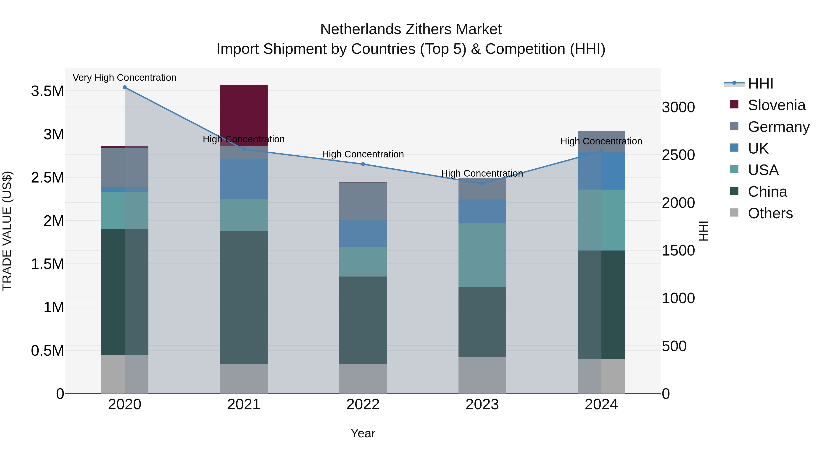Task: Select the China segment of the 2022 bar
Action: pos(363,320)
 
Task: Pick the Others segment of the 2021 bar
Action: pos(244,378)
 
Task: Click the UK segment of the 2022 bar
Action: pos(363,233)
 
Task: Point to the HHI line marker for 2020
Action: pos(125,87)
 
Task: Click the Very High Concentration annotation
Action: pos(124,78)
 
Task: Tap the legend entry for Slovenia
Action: pos(776,105)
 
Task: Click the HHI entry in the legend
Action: pos(760,84)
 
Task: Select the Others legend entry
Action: pos(770,213)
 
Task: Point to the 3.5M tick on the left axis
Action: pos(47,91)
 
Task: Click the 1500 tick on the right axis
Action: pos(678,251)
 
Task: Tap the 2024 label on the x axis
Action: pos(601,405)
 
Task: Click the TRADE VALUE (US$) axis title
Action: pos(7,231)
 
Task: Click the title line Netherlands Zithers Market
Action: pos(411,29)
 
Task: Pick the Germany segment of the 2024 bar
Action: pos(601,141)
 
